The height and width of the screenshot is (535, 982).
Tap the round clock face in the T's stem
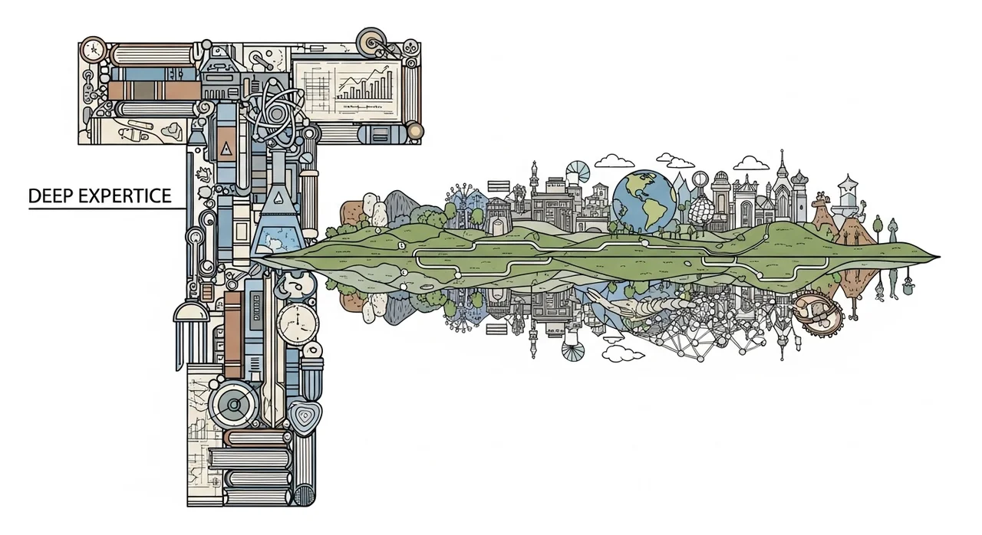tap(298, 323)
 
